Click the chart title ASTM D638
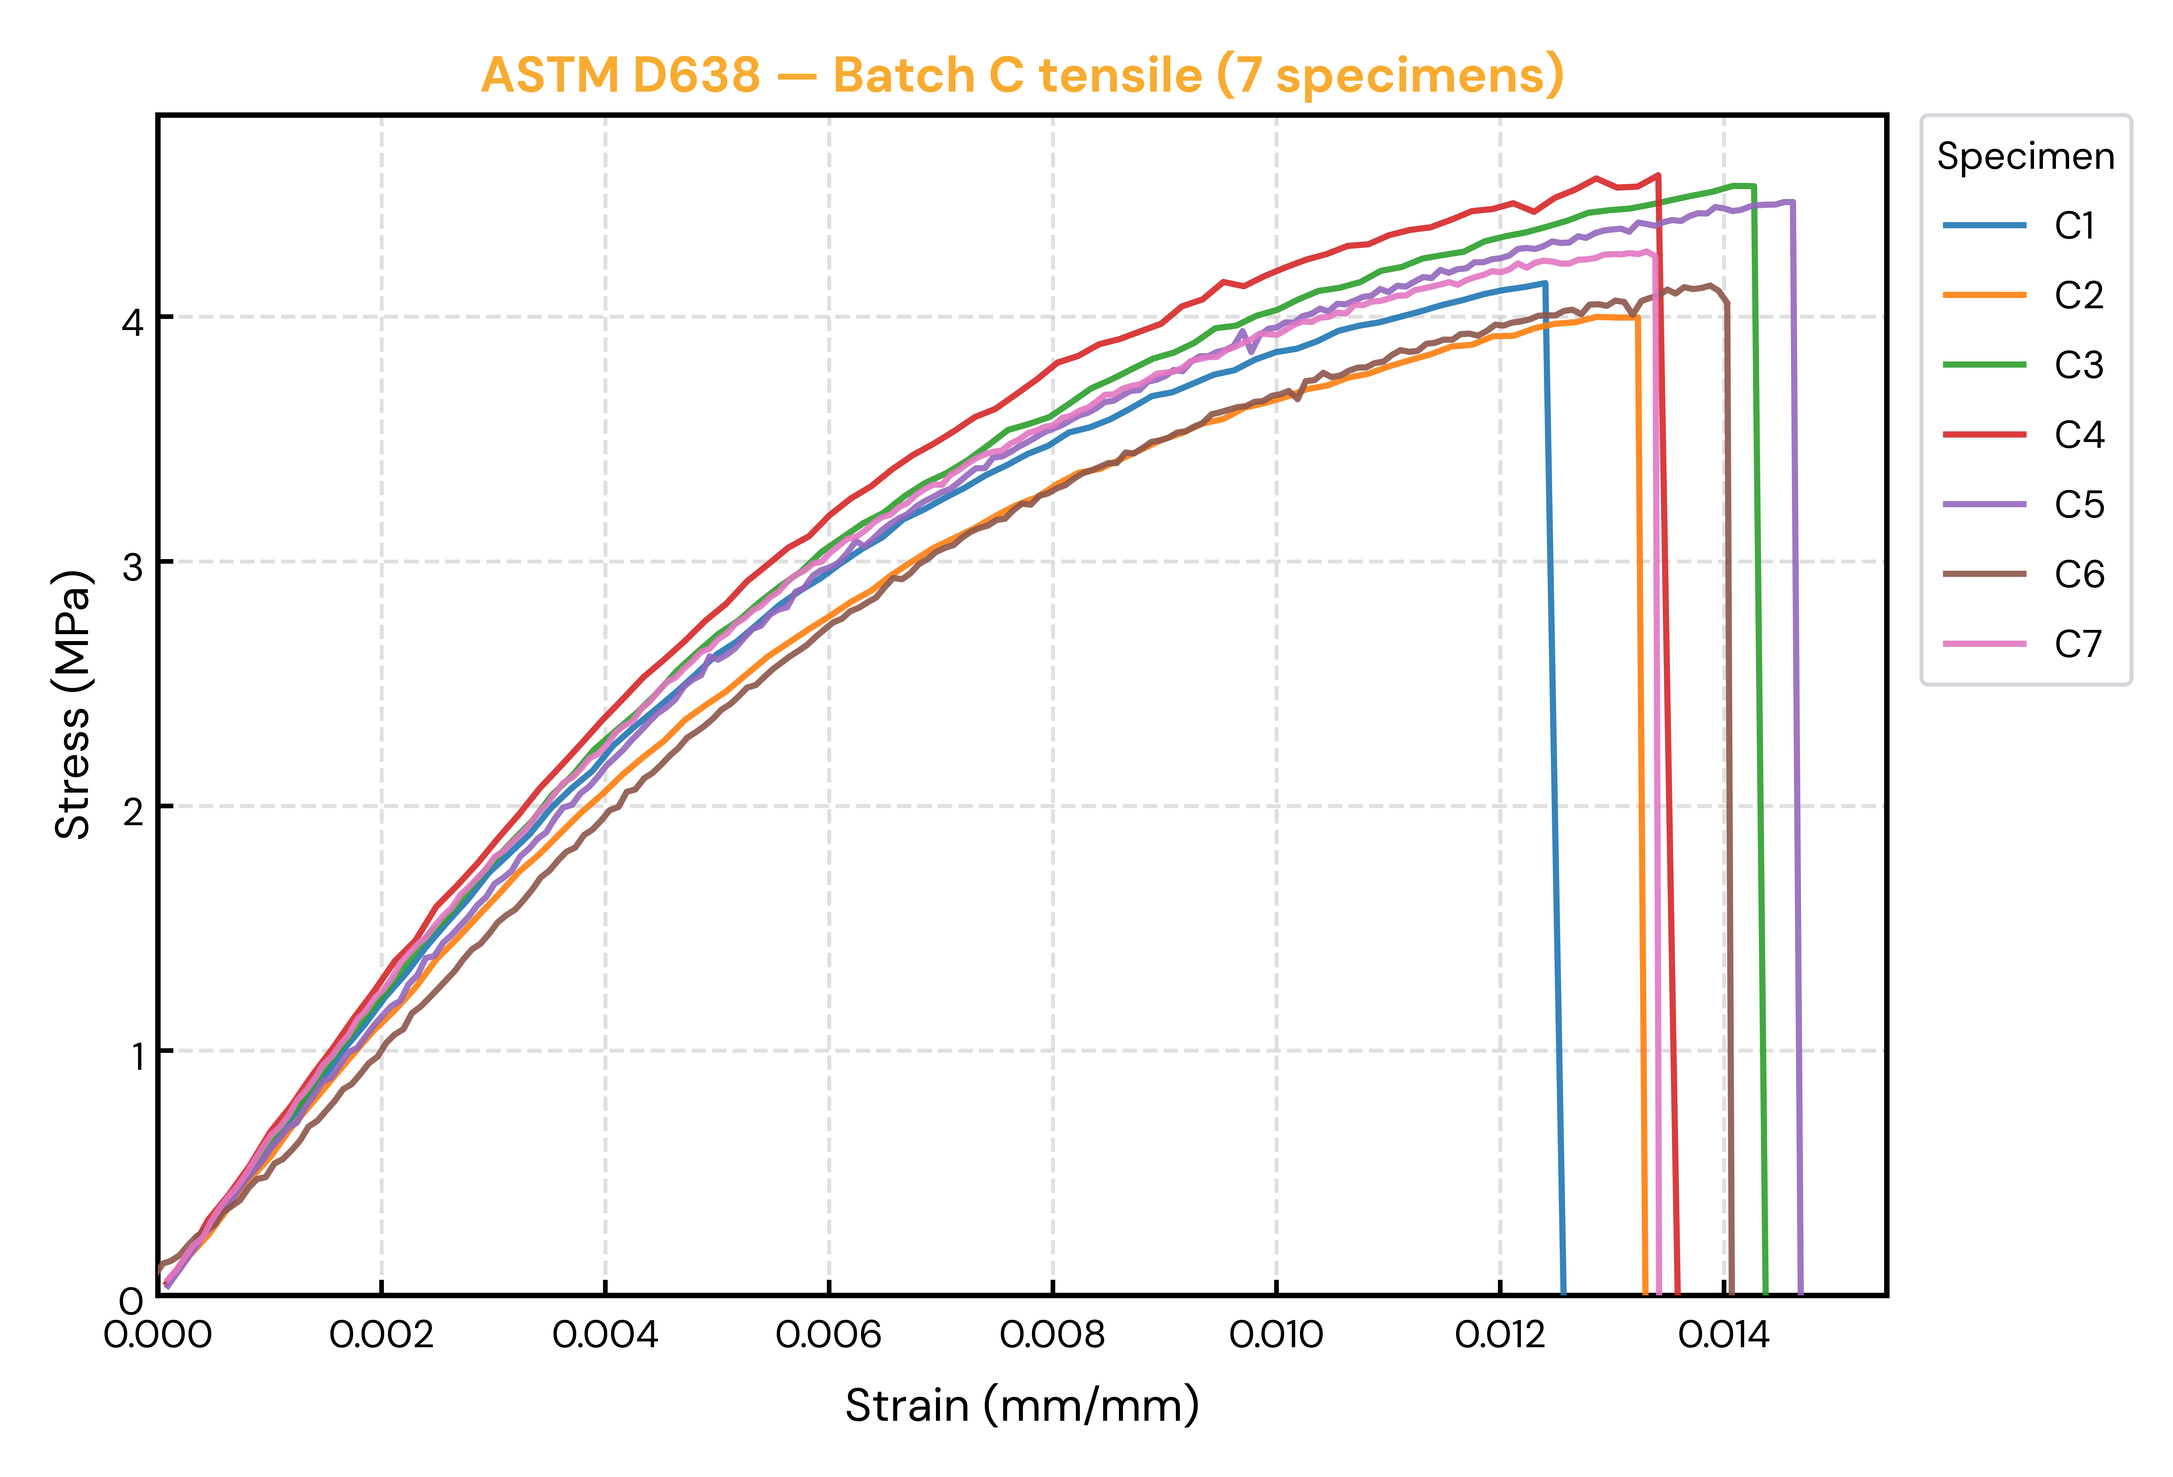point(621,75)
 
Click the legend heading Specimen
point(2025,156)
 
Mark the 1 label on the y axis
point(136,1055)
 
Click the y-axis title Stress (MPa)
point(73,705)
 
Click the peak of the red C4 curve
point(1657,175)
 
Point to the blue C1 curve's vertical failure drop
point(1554,788)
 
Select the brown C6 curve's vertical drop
point(1729,799)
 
